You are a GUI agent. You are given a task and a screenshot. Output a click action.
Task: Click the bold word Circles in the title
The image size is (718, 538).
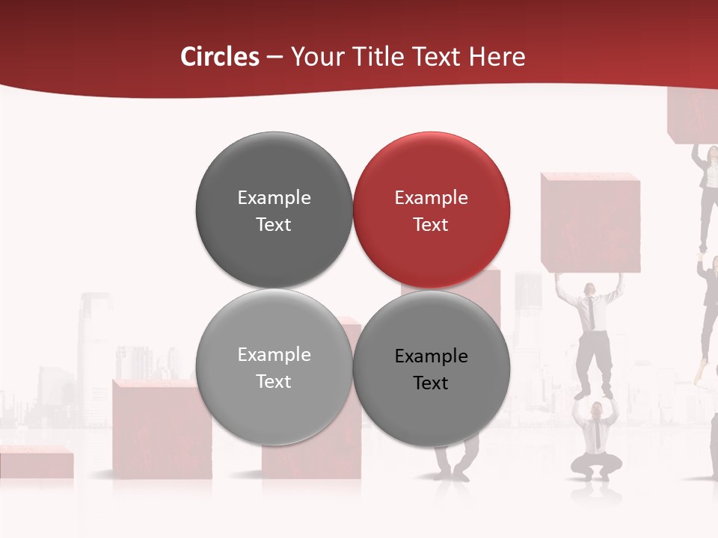220,57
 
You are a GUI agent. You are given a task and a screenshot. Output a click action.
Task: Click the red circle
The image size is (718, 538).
431,211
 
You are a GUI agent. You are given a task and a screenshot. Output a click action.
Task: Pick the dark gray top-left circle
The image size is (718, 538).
274,211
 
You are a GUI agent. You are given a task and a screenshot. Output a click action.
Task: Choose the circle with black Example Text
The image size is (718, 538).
431,368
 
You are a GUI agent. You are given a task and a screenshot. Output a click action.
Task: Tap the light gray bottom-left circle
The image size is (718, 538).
274,368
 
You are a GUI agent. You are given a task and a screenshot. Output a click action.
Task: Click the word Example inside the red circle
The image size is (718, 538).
431,198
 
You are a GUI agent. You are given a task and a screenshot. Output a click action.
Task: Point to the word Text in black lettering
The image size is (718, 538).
431,383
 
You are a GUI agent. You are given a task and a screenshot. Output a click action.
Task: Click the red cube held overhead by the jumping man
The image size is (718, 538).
590,223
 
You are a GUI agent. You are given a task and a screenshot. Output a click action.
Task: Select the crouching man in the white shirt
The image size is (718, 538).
596,441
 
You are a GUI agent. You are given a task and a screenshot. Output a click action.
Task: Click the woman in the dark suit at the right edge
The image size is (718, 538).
707,194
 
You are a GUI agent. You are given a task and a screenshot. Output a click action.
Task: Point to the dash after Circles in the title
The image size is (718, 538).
274,58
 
